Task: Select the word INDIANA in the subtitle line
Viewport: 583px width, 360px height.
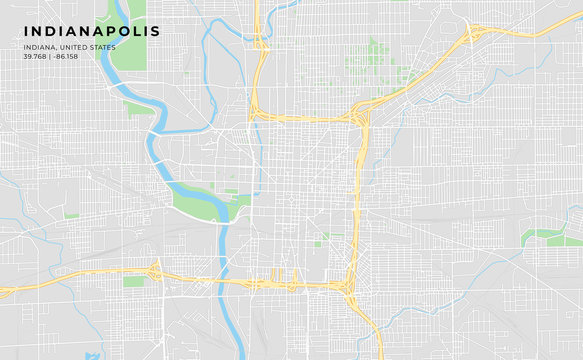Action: [40, 47]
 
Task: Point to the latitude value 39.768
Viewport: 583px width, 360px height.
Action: [35, 56]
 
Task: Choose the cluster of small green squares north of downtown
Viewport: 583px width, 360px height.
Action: [378, 60]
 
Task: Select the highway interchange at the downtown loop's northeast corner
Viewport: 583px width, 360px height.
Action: [361, 112]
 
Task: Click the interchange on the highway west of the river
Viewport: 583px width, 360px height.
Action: [155, 271]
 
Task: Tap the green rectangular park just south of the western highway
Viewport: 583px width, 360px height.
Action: [134, 282]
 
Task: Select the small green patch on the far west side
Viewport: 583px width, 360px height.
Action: [71, 214]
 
